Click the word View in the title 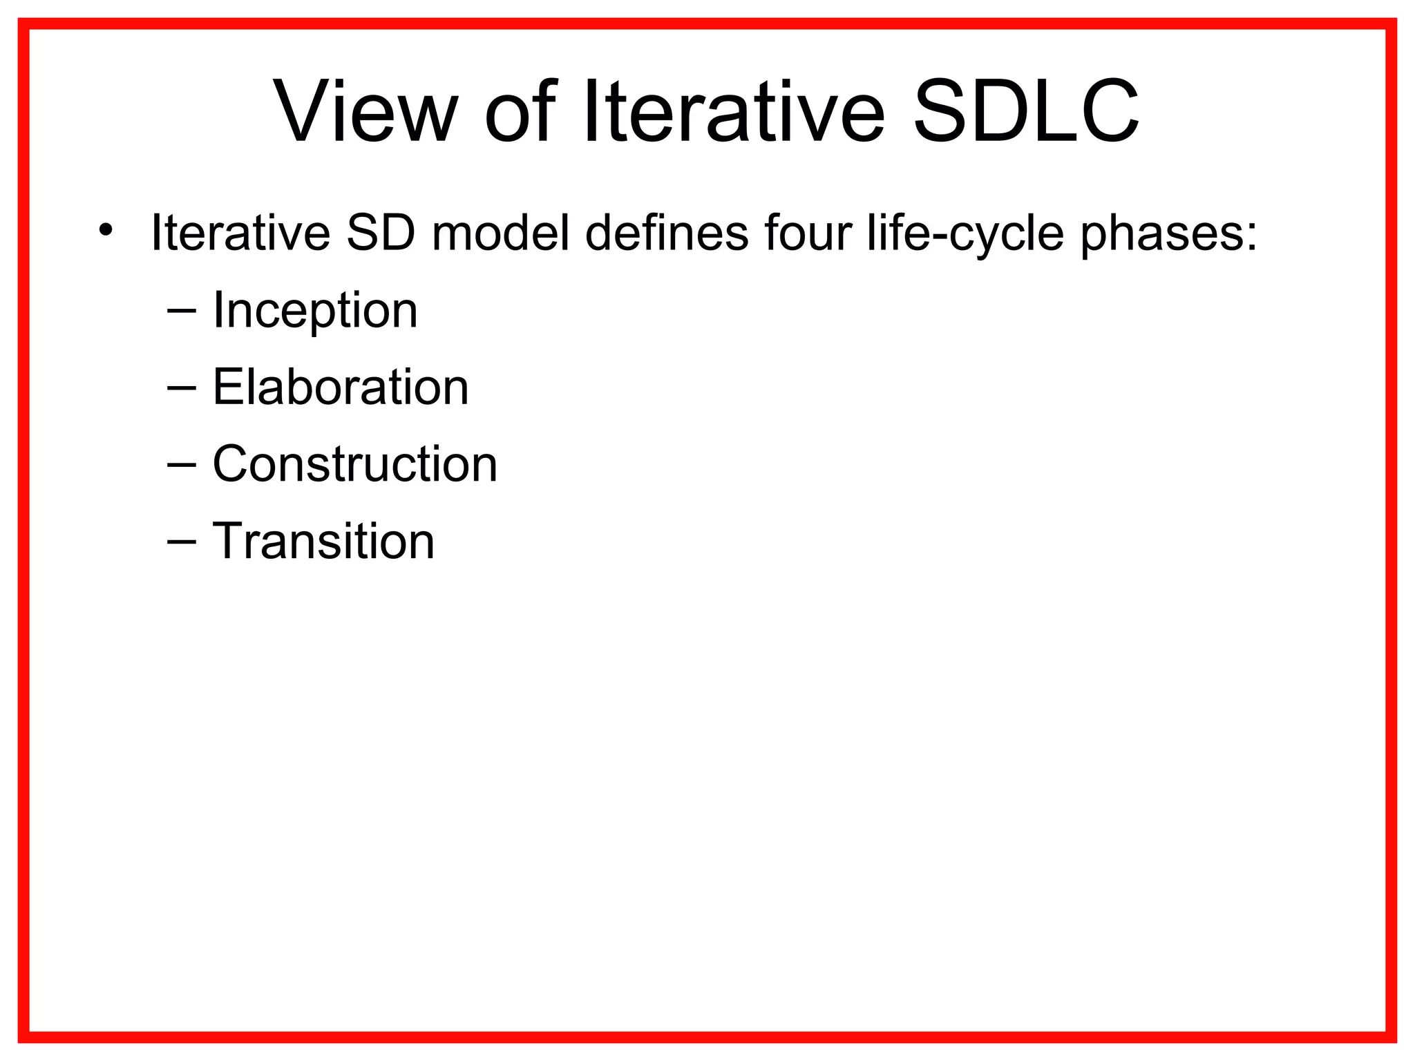366,112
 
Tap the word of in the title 520,112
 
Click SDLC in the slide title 1025,112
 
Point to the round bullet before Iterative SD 105,230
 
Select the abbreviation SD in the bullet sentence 381,233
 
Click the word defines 667,233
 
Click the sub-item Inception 315,311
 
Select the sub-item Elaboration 341,387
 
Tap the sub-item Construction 354,463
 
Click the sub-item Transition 323,541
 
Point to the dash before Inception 181,312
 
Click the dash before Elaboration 181,388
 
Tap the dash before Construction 181,465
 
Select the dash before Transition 181,542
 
